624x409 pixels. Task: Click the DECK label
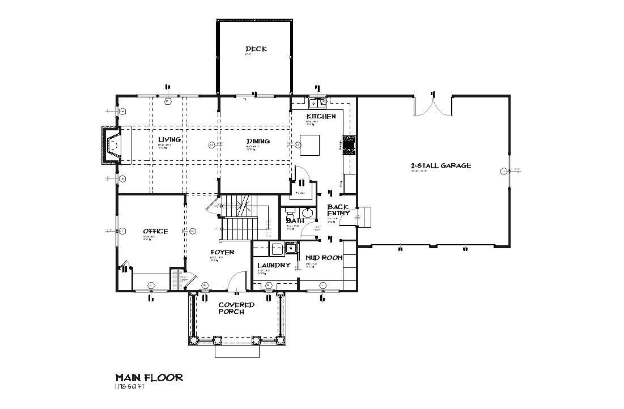tap(256, 49)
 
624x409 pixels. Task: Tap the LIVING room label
tap(169, 139)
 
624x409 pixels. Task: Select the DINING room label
tap(258, 141)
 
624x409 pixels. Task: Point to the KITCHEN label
tap(321, 116)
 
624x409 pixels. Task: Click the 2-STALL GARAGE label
tap(441, 166)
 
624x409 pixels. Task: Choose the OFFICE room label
tap(155, 231)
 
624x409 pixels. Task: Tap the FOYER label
tap(222, 252)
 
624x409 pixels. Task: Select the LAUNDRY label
tap(274, 265)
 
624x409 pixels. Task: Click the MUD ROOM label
tap(324, 258)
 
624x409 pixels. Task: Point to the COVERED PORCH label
tap(236, 308)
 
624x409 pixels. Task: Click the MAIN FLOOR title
tap(149, 377)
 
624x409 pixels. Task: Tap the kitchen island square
tap(309, 144)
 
